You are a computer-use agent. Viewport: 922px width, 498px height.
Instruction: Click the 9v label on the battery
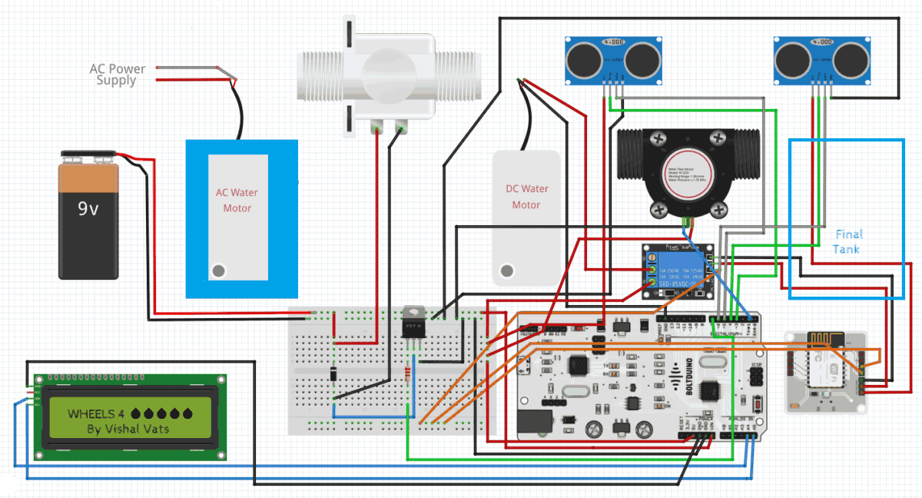click(88, 208)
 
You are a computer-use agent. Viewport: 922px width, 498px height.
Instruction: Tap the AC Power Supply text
click(117, 75)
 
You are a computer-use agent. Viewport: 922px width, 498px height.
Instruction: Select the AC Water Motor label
click(237, 201)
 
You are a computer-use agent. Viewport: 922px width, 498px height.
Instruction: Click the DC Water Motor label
click(526, 197)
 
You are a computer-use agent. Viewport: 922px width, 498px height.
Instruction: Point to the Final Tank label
click(847, 241)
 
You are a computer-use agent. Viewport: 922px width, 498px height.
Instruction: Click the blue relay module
click(680, 270)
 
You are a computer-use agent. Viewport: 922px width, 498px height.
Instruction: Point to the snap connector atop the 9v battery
click(88, 157)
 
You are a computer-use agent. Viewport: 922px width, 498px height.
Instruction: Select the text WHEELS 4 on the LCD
click(96, 413)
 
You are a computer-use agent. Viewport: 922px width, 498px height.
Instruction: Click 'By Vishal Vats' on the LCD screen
click(128, 429)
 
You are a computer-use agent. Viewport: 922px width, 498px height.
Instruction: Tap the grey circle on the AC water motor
click(219, 271)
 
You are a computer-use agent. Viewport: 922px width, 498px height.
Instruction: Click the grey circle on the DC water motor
click(506, 271)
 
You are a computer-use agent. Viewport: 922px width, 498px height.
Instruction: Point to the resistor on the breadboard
click(406, 374)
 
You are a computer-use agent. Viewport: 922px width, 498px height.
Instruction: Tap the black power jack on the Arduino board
click(535, 422)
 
